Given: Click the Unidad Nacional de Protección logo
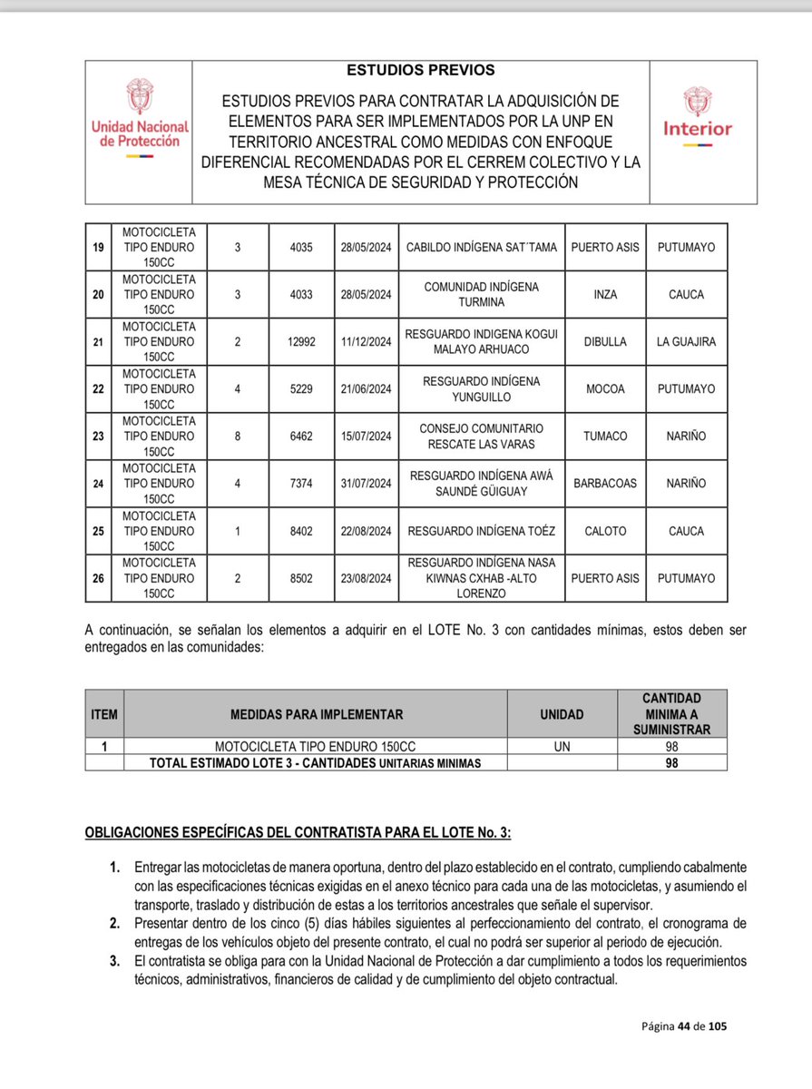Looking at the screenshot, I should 139,119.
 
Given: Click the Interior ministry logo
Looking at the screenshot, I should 697,117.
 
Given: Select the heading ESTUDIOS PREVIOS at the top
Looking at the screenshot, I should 420,70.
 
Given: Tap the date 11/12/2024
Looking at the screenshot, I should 367,341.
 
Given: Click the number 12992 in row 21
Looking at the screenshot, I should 300,341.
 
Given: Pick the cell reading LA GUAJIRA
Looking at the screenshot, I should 686,341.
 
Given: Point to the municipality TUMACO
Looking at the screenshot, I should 604,437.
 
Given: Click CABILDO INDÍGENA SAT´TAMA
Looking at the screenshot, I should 481,247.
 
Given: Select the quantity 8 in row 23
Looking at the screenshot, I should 237,437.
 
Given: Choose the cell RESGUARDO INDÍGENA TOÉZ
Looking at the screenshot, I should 481,531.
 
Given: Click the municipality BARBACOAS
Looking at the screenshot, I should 604,484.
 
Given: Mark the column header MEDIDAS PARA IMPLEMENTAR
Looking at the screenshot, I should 316,714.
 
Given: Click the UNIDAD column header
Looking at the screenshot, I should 562,714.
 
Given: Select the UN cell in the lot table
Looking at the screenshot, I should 562,746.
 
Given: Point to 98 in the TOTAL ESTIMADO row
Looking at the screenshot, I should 671,763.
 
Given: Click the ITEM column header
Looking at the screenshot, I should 104,714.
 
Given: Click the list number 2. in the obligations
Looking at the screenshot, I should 115,922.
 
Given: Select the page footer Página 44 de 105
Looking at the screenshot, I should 684,1026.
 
